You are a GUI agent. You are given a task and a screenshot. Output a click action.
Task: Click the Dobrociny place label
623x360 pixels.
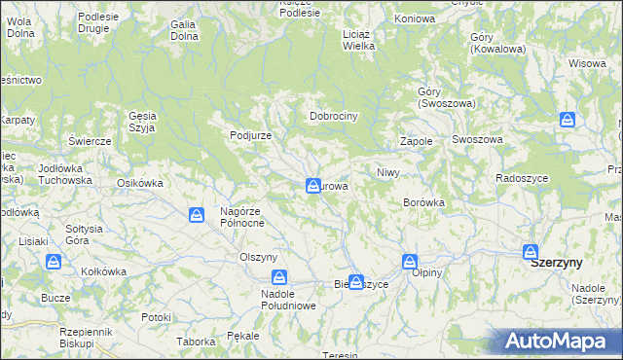pos(335,116)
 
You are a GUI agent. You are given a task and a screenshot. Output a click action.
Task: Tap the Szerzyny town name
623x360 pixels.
pos(557,263)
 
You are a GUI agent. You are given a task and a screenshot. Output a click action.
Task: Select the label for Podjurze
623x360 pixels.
pos(250,135)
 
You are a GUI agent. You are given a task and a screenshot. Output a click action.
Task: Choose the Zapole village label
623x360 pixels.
pos(416,141)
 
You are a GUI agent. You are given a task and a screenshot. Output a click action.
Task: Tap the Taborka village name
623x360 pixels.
pos(196,342)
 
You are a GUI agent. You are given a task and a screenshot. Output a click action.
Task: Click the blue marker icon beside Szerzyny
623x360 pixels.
pos(531,251)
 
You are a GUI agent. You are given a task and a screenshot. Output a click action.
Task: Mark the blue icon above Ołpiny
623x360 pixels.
pos(410,261)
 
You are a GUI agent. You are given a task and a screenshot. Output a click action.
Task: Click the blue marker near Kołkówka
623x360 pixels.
pos(55,261)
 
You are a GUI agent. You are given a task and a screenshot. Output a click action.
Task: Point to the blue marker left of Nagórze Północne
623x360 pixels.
pos(197,214)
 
